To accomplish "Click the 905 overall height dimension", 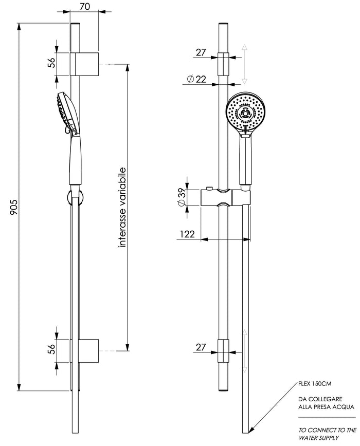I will [14, 208].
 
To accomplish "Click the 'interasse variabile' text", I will [122, 208].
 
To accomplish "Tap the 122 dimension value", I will [187, 234].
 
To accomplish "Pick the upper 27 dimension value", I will [201, 52].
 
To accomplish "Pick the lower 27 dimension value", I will [201, 348].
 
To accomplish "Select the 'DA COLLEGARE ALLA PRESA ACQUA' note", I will [326, 402].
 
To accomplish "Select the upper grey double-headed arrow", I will [245, 64].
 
